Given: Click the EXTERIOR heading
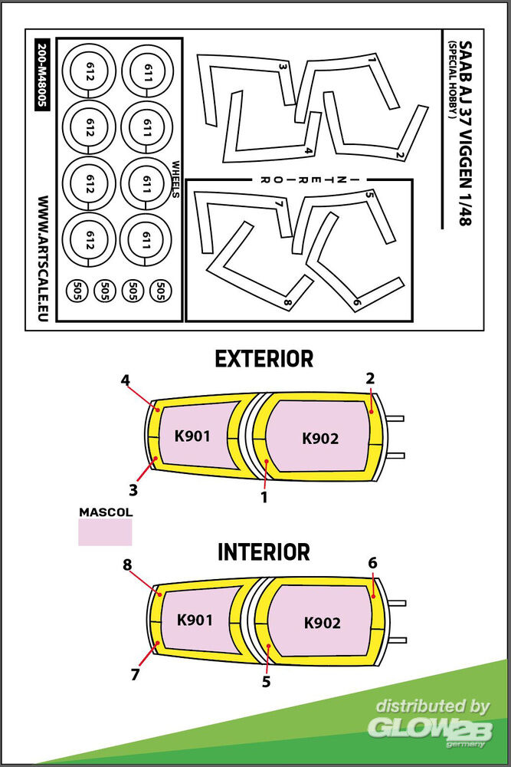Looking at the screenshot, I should (x=264, y=358).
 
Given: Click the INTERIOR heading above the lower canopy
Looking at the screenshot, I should (x=264, y=552).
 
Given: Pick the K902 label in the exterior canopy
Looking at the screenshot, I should (x=320, y=439).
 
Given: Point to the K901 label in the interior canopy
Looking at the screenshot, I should (x=195, y=620).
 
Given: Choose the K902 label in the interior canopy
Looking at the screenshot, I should (x=322, y=623).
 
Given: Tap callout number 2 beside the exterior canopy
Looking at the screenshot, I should (x=370, y=378).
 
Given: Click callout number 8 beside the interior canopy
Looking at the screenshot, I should (x=127, y=565).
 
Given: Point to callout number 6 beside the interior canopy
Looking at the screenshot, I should (x=372, y=563).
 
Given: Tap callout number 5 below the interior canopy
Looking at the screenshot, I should (x=266, y=680).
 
